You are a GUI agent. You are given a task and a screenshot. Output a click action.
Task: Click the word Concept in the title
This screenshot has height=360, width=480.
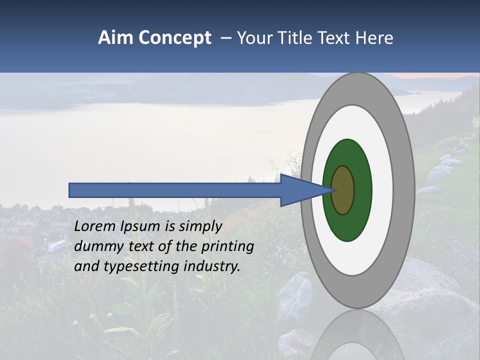[x=174, y=38]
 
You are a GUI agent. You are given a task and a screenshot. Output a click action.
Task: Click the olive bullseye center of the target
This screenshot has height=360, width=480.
[x=343, y=190]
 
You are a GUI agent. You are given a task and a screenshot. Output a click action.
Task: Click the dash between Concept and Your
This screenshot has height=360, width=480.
[x=225, y=38]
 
